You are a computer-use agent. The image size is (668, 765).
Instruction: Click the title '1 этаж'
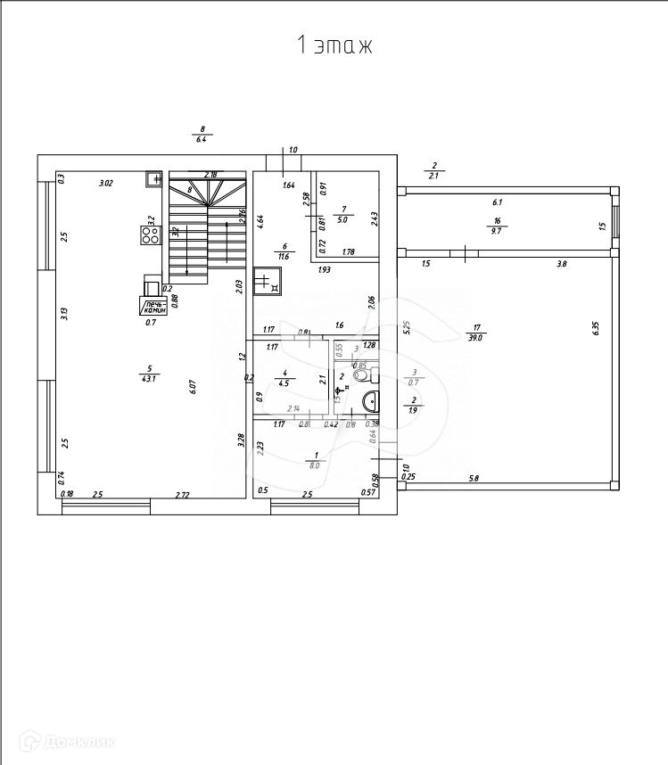click(x=334, y=45)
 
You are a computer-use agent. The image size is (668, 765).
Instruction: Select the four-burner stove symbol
click(x=149, y=235)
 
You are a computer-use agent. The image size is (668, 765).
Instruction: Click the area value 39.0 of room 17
click(x=475, y=338)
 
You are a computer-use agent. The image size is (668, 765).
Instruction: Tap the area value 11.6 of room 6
click(x=285, y=257)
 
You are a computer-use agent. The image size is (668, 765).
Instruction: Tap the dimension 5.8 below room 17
click(x=474, y=480)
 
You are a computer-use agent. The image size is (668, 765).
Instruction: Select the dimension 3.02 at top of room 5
click(x=105, y=184)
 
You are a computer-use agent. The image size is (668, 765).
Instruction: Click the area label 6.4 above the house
click(x=202, y=140)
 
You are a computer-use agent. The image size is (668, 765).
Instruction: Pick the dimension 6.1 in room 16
click(x=497, y=202)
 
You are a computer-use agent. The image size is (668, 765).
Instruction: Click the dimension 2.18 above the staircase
click(x=211, y=174)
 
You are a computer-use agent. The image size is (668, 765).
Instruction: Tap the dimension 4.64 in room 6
click(x=260, y=218)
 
